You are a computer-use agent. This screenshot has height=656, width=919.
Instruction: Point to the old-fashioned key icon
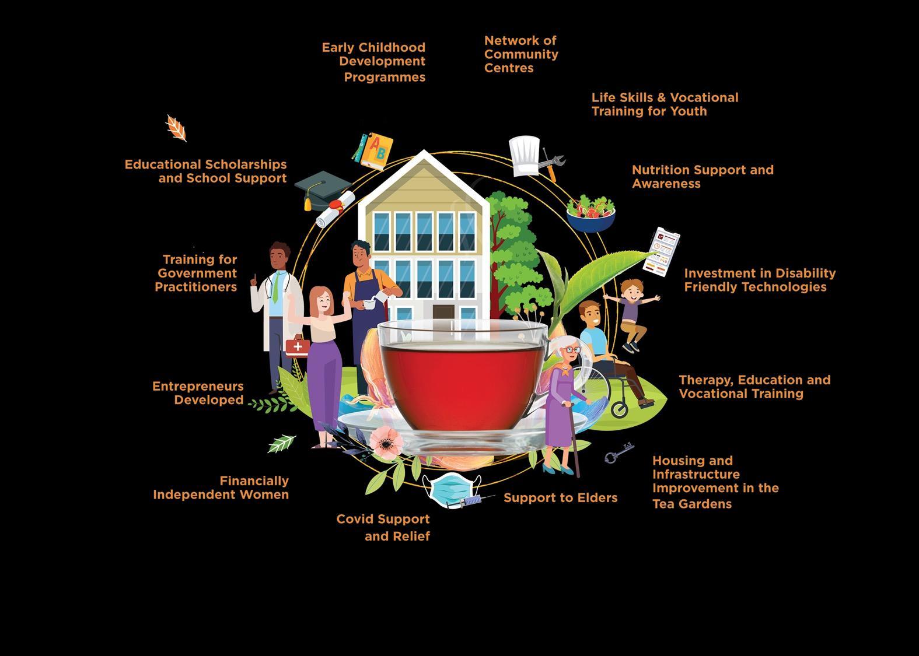click(x=619, y=453)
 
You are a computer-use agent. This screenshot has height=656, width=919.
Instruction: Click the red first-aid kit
click(x=298, y=346)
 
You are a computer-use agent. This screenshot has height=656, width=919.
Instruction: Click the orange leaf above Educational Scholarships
click(x=176, y=128)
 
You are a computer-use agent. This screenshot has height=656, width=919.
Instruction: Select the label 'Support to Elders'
click(x=560, y=498)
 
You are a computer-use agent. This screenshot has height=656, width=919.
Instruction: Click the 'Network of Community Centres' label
click(x=521, y=54)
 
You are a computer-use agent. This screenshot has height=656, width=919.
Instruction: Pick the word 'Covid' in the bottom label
click(x=355, y=519)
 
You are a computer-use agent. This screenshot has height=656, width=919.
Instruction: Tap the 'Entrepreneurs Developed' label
click(x=198, y=393)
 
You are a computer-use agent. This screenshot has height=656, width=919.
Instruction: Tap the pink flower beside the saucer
click(x=386, y=441)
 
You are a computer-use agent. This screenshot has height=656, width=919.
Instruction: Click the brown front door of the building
click(x=443, y=312)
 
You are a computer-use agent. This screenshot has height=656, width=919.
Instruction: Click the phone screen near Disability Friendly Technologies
click(x=662, y=251)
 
